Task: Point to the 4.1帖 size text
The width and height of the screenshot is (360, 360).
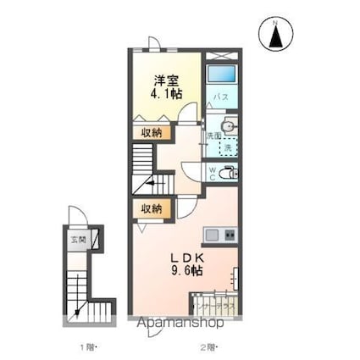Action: click(x=167, y=94)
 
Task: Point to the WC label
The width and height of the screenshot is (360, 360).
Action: click(x=212, y=173)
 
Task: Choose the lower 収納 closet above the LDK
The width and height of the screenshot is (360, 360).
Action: click(x=151, y=208)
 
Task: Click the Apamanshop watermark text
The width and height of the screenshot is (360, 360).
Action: click(x=181, y=323)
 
